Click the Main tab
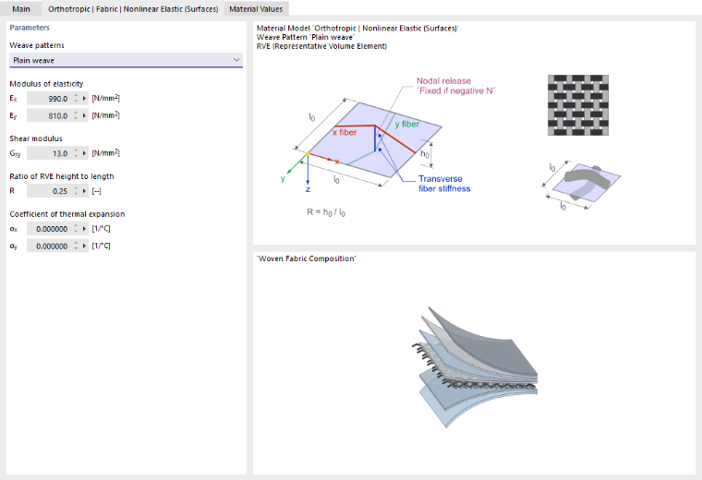click(x=21, y=9)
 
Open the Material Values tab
click(x=256, y=9)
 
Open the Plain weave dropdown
click(x=126, y=60)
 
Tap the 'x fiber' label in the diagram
click(x=345, y=132)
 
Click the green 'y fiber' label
click(x=407, y=125)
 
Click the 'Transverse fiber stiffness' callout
click(x=444, y=184)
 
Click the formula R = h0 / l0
click(x=326, y=212)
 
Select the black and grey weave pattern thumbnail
click(x=578, y=105)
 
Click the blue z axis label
click(x=308, y=189)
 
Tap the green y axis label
click(x=283, y=178)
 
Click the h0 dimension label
click(x=425, y=154)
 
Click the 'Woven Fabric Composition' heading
click(x=307, y=258)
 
